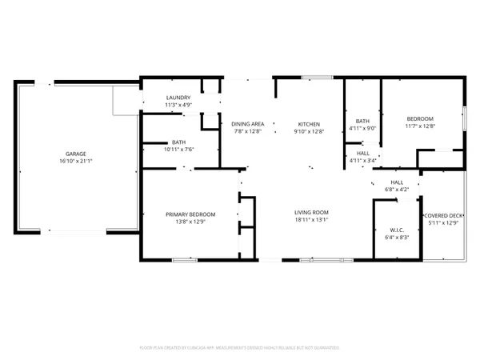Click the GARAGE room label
(x=76, y=154)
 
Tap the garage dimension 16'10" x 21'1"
(x=76, y=161)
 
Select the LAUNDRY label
(x=178, y=98)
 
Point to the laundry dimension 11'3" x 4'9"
(x=178, y=105)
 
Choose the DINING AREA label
(x=247, y=124)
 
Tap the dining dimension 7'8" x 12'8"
(x=247, y=131)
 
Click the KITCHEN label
(x=309, y=124)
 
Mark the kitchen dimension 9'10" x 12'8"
(x=309, y=131)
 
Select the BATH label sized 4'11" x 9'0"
(x=362, y=121)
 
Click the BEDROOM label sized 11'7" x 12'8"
(x=420, y=118)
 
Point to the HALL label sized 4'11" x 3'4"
(x=362, y=154)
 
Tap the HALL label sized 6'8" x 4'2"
(x=398, y=182)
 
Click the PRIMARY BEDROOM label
(x=190, y=214)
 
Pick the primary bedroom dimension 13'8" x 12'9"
(x=190, y=221)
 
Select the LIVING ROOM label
(x=311, y=212)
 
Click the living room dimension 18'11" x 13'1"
(x=311, y=219)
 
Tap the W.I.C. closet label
(x=398, y=230)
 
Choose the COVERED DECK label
(x=443, y=215)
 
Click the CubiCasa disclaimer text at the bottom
(x=240, y=348)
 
